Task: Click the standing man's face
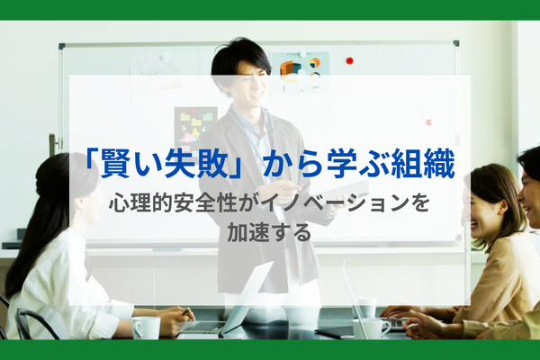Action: click(247, 82)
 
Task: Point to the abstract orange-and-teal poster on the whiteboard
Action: click(299, 71)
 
